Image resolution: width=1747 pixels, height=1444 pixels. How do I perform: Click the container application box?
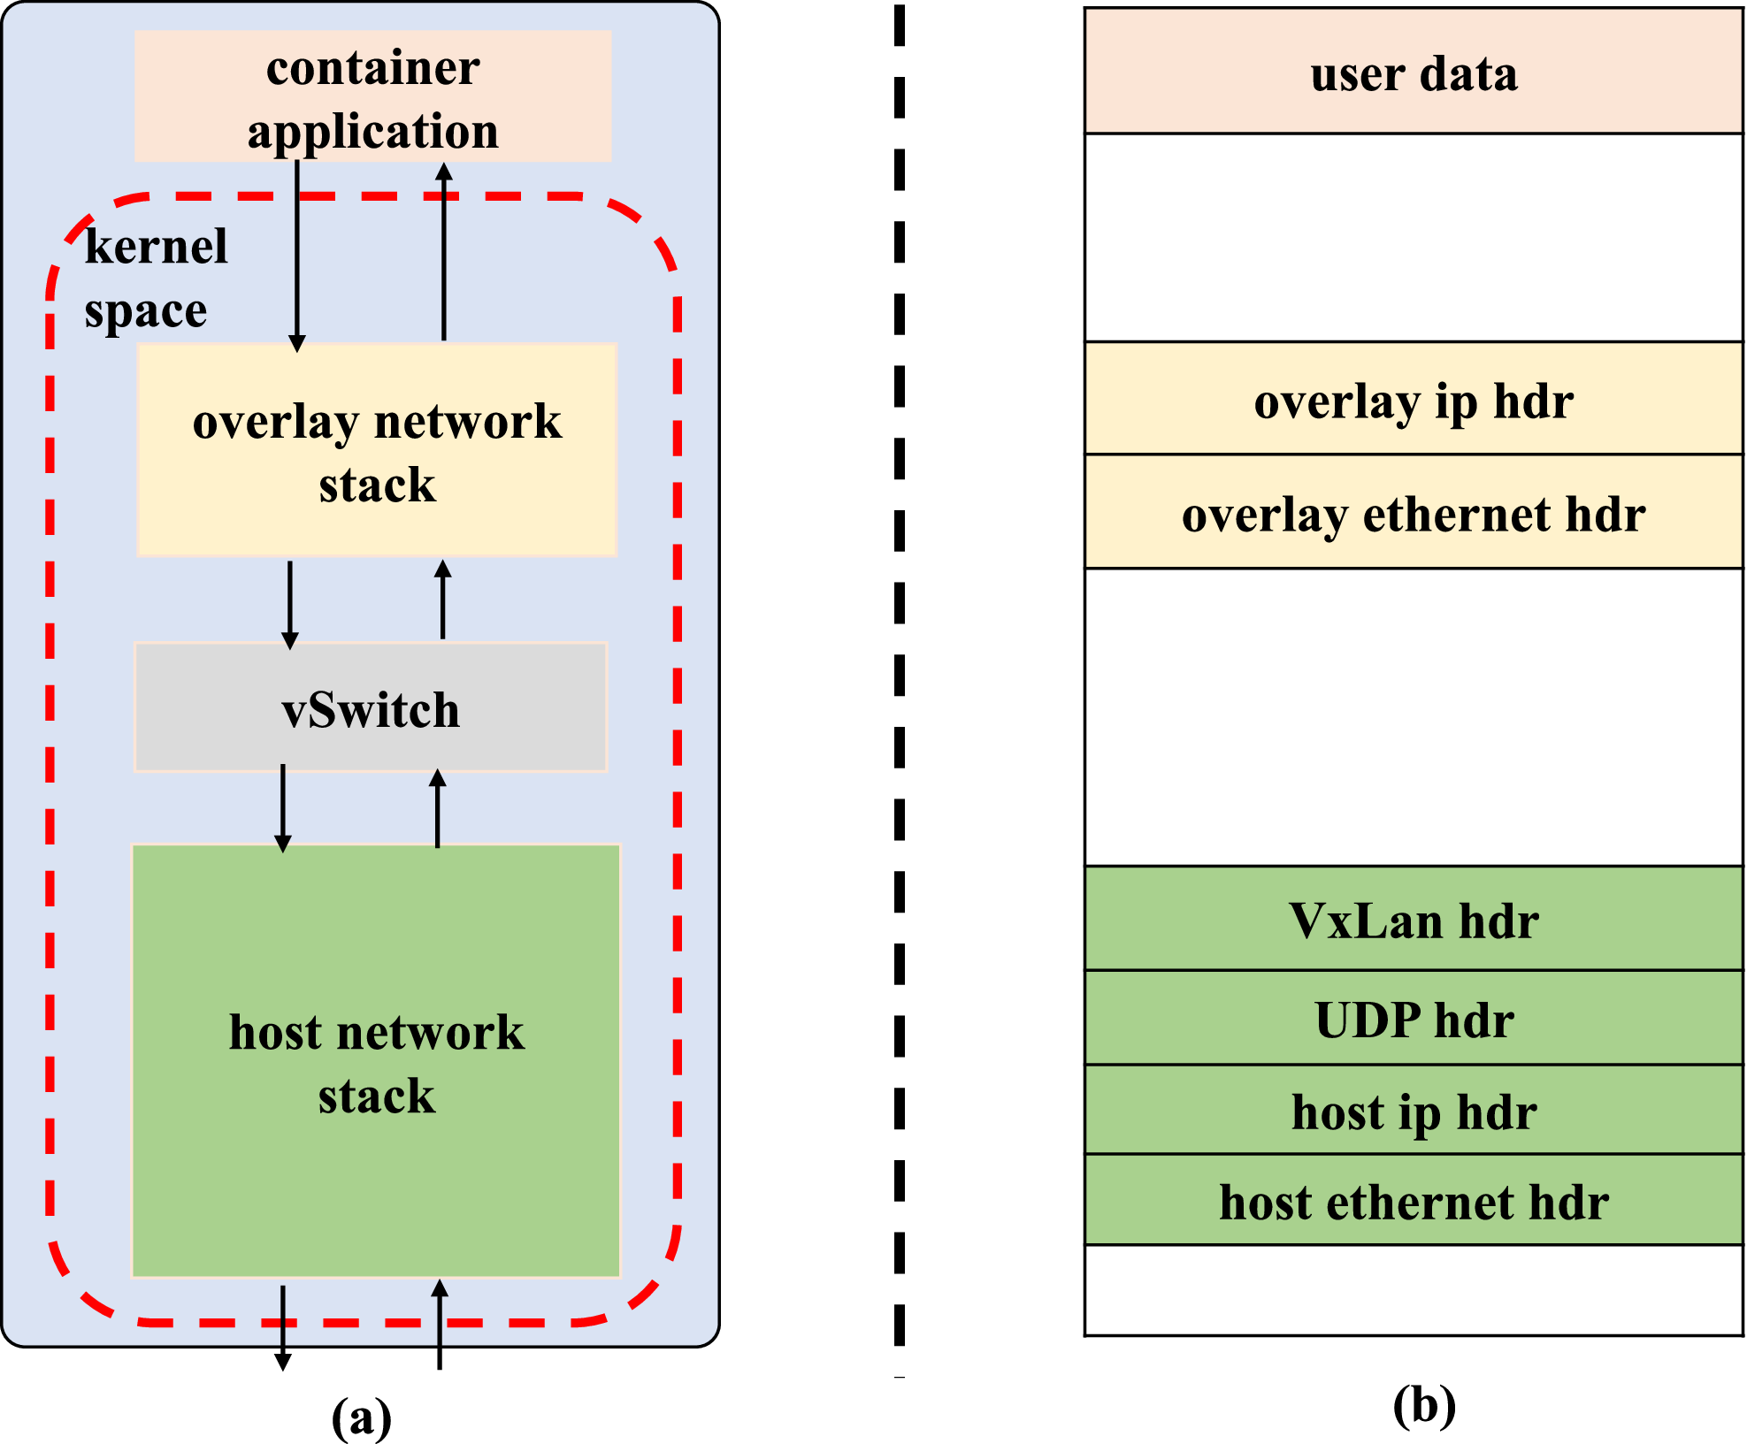point(372,96)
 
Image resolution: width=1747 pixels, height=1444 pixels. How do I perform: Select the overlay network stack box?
point(377,450)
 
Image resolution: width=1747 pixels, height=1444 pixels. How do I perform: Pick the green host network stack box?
point(376,1061)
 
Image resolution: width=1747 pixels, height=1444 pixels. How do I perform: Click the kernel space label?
point(154,278)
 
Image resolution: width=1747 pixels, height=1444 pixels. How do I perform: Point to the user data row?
point(1414,73)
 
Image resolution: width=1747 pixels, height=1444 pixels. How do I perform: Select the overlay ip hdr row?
point(1414,400)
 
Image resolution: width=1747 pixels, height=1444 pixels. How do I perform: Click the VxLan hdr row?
point(1414,920)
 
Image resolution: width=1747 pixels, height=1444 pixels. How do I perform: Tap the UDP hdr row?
point(1414,1019)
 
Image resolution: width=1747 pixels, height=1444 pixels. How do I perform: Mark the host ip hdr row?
point(1414,1111)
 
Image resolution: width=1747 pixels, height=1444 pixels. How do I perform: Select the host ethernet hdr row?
point(1414,1201)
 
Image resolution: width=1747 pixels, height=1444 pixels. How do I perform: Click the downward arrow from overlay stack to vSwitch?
point(290,603)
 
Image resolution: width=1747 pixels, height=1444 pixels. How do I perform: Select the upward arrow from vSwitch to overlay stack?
point(443,600)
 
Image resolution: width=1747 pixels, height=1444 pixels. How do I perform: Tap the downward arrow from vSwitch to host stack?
point(283,806)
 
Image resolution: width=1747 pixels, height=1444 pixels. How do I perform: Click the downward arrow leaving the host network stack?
point(283,1326)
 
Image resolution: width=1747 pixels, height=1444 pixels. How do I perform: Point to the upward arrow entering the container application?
point(444,252)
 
